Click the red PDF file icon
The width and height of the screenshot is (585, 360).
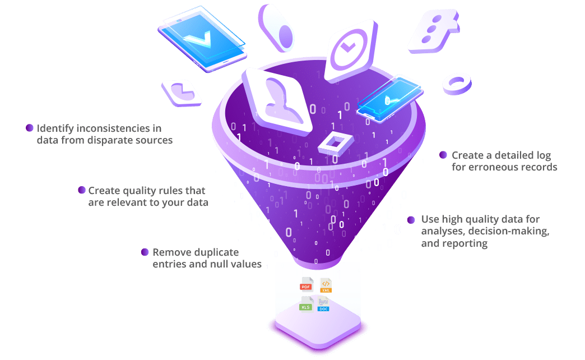pos(306,285)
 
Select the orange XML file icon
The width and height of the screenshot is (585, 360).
pos(326,285)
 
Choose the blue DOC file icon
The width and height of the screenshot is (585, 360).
pos(323,305)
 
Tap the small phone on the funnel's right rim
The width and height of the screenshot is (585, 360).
pos(388,96)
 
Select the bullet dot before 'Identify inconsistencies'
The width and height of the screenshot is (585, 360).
pos(30,128)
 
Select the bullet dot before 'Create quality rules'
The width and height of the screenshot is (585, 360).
pos(82,190)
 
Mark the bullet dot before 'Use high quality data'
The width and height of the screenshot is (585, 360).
pos(411,220)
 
